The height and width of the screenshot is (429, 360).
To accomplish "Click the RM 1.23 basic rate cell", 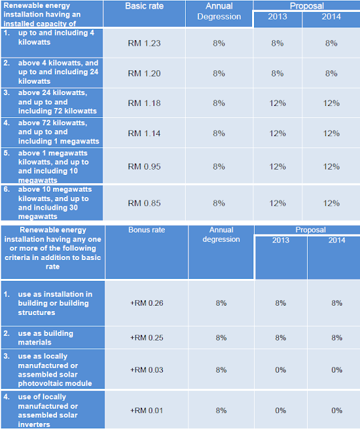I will [145, 42].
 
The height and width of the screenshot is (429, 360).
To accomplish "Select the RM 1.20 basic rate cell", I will [145, 73].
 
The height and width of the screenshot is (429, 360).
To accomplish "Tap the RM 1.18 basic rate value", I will [145, 103].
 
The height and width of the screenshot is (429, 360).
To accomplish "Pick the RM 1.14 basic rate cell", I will [145, 133].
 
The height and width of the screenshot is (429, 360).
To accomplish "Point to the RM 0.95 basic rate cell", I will [145, 166].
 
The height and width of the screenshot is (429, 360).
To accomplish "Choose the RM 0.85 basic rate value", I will [145, 202].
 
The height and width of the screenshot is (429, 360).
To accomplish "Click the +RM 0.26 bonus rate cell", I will [146, 303].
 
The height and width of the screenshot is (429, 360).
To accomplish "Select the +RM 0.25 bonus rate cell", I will [146, 338].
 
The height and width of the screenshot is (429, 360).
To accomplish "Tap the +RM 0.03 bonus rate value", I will [146, 369].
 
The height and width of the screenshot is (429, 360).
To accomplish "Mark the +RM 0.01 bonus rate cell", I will [146, 410].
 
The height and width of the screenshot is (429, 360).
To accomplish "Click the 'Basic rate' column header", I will [145, 6].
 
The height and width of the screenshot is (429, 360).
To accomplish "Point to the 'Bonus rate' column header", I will [146, 230].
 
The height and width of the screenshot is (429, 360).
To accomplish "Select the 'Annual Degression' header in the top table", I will [219, 11].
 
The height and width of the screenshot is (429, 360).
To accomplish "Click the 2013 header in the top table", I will [278, 17].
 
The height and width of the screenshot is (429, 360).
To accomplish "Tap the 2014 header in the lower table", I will [333, 239].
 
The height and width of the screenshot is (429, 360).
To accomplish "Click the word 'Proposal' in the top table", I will [306, 5].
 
